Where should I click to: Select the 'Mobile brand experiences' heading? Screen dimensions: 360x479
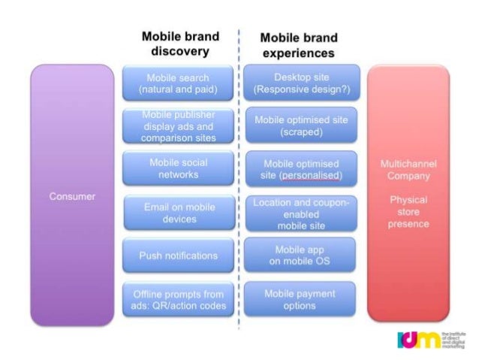coord(299,45)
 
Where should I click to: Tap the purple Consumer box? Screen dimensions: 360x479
coord(72,197)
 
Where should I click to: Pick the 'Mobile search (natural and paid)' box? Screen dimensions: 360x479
coord(179,83)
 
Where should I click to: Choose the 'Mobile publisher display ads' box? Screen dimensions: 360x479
coord(179,126)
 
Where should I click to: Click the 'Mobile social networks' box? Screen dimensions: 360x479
coord(179,168)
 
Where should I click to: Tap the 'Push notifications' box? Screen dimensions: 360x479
coord(179,256)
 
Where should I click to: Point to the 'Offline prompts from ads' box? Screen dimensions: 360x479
coord(179,299)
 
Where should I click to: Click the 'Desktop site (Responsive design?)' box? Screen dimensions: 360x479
coord(301,83)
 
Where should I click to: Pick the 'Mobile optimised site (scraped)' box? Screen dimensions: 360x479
coord(301,126)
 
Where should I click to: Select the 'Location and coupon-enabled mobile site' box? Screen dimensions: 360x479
coord(301,213)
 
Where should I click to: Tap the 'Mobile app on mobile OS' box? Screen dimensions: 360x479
coord(301,256)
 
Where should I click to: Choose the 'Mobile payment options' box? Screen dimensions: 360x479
coord(301,299)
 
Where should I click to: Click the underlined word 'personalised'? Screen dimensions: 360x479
coord(311,176)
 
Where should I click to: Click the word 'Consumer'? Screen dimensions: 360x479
coord(72,197)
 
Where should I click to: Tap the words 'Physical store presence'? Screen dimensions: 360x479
coord(408,212)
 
